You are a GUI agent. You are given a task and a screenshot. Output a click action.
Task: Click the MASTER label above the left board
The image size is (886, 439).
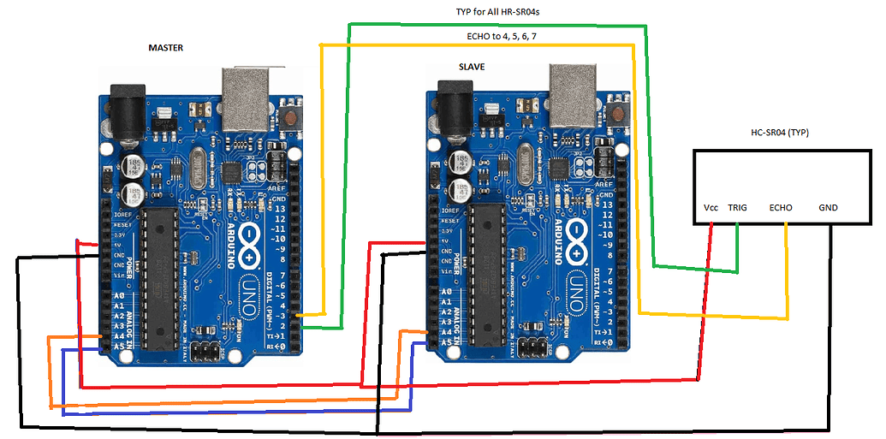click(167, 48)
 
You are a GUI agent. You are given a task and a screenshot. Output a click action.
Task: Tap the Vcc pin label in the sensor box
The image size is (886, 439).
click(711, 208)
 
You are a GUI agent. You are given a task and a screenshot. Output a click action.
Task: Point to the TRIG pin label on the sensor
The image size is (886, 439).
click(738, 208)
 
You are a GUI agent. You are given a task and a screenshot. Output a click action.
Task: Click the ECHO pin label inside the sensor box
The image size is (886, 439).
click(781, 208)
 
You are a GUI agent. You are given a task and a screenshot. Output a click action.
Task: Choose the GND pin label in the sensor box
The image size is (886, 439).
click(828, 208)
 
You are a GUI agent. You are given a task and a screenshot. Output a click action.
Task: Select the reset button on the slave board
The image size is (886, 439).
click(618, 114)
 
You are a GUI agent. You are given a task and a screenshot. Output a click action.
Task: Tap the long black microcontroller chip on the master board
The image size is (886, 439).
click(159, 278)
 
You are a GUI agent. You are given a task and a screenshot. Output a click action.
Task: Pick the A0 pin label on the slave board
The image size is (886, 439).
click(445, 291)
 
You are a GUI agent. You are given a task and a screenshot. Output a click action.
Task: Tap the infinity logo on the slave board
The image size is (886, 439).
click(579, 234)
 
